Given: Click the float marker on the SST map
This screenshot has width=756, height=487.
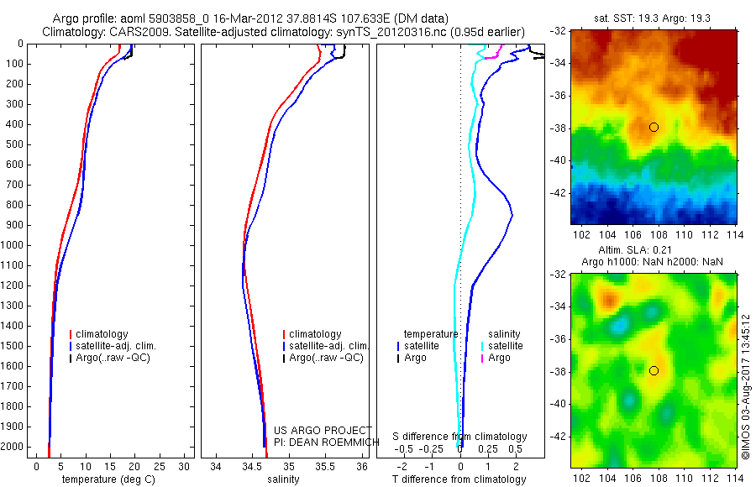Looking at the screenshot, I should tap(654, 127).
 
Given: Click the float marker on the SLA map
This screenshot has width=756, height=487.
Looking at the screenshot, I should tap(654, 370).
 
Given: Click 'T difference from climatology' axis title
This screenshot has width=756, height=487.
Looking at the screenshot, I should tap(459, 479).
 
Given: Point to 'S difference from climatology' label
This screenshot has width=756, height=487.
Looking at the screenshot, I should tap(459, 437).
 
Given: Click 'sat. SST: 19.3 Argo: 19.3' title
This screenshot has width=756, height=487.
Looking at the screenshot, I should tap(654, 18).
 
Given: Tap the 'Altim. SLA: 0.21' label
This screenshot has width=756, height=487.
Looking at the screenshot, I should tap(654, 252).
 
